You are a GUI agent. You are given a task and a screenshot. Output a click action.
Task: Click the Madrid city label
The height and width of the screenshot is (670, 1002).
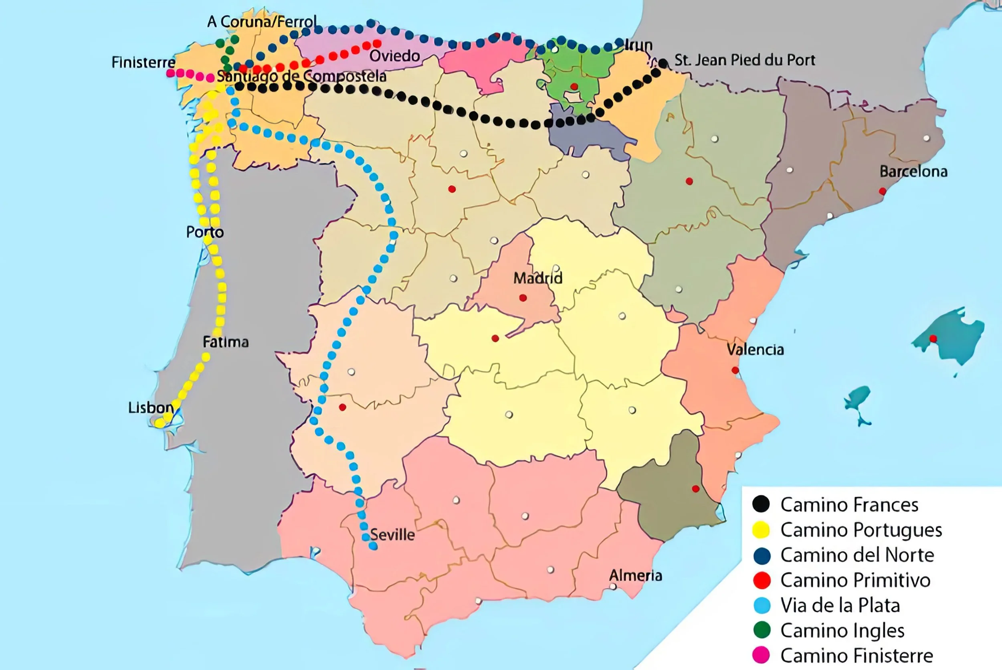[537, 278]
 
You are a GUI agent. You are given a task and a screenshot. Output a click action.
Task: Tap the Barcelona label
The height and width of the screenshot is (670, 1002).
[913, 171]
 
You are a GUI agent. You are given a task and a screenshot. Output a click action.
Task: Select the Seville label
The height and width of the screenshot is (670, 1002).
[392, 534]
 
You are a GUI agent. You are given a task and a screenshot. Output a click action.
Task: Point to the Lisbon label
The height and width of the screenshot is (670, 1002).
[151, 407]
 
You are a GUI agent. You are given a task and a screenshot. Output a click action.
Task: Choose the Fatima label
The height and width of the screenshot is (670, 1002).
[225, 342]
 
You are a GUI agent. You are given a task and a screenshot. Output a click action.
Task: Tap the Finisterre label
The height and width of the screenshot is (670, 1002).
[143, 63]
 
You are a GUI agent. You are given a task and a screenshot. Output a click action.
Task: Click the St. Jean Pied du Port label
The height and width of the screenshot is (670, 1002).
[744, 60]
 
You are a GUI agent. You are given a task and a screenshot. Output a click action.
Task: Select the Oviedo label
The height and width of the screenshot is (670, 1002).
[394, 56]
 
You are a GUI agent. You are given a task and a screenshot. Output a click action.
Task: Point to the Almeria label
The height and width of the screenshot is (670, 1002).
[635, 575]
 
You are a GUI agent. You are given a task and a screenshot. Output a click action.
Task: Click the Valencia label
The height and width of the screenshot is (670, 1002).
[755, 350]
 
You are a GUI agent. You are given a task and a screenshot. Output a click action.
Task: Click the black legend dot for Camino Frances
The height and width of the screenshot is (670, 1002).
[761, 504]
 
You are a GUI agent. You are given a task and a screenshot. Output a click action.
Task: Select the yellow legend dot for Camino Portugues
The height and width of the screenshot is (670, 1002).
[761, 530]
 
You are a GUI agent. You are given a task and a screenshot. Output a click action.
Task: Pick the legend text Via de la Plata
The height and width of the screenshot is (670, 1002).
[840, 605]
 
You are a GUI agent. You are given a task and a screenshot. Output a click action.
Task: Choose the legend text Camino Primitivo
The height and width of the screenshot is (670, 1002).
[855, 580]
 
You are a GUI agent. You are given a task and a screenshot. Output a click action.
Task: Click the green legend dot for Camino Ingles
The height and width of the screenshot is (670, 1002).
[761, 630]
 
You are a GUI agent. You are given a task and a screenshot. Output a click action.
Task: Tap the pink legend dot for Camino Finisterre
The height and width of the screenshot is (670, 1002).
[761, 655]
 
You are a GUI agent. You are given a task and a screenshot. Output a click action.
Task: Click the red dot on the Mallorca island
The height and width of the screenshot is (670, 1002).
[933, 338]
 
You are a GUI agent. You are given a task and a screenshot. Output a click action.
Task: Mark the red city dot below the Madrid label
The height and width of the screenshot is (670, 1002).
[523, 298]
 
